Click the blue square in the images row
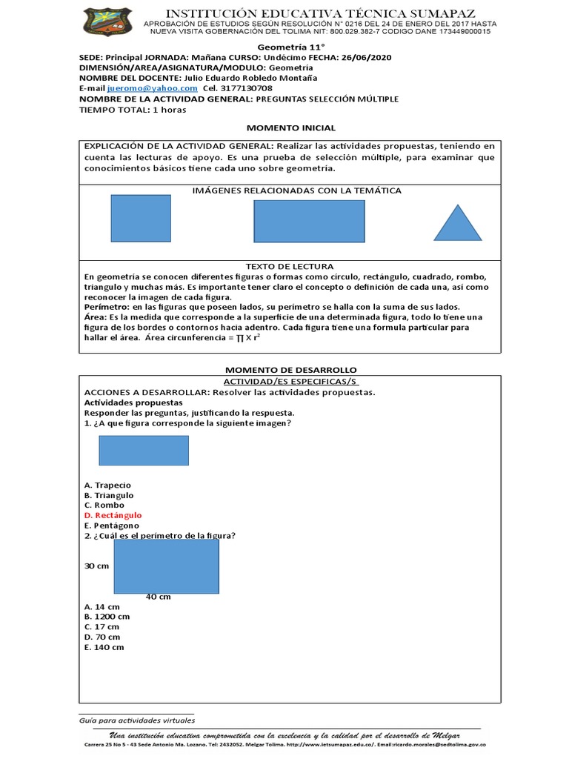click(x=141, y=218)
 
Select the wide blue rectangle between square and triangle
click(x=309, y=222)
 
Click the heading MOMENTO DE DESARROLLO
click(x=290, y=369)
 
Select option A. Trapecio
click(x=107, y=485)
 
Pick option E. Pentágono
click(x=111, y=526)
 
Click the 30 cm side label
click(x=96, y=566)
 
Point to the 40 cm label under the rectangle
click(x=158, y=597)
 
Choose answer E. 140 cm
click(x=104, y=647)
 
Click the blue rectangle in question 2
click(x=166, y=566)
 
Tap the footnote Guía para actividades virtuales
click(x=136, y=720)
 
